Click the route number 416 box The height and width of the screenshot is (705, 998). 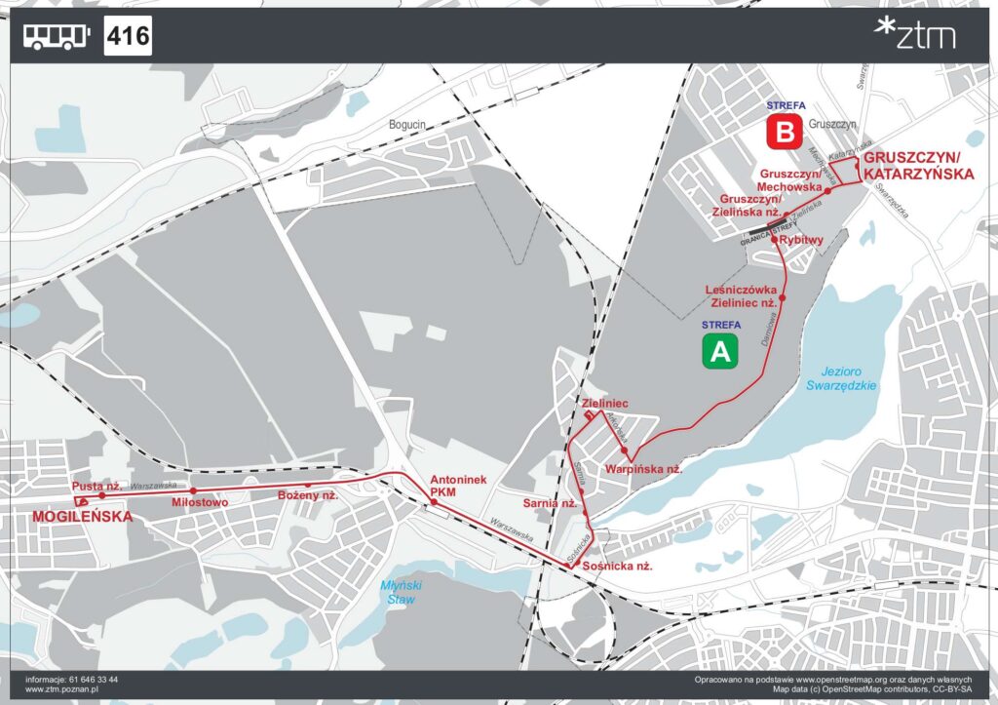pos(128,37)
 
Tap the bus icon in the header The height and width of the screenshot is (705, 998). pos(57,37)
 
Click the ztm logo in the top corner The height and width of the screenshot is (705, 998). pos(915,34)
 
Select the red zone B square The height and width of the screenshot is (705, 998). pos(784,132)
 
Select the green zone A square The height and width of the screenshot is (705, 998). pos(720,351)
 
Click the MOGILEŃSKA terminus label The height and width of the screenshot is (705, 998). pos(82,517)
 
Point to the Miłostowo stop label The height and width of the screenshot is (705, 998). pos(199,502)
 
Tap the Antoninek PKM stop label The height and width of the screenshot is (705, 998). pos(450,486)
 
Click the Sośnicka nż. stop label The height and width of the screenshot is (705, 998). pos(616,566)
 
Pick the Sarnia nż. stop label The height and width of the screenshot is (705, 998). pos(550,504)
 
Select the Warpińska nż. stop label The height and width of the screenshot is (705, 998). pos(642,470)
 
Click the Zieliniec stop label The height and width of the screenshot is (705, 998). pos(603,403)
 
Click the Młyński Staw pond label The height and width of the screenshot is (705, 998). pos(399,592)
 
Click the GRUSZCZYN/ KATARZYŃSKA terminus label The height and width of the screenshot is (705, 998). pos(918,166)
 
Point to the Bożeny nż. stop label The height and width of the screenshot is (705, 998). pos(308,495)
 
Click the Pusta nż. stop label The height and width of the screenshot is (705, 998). pos(96,486)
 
